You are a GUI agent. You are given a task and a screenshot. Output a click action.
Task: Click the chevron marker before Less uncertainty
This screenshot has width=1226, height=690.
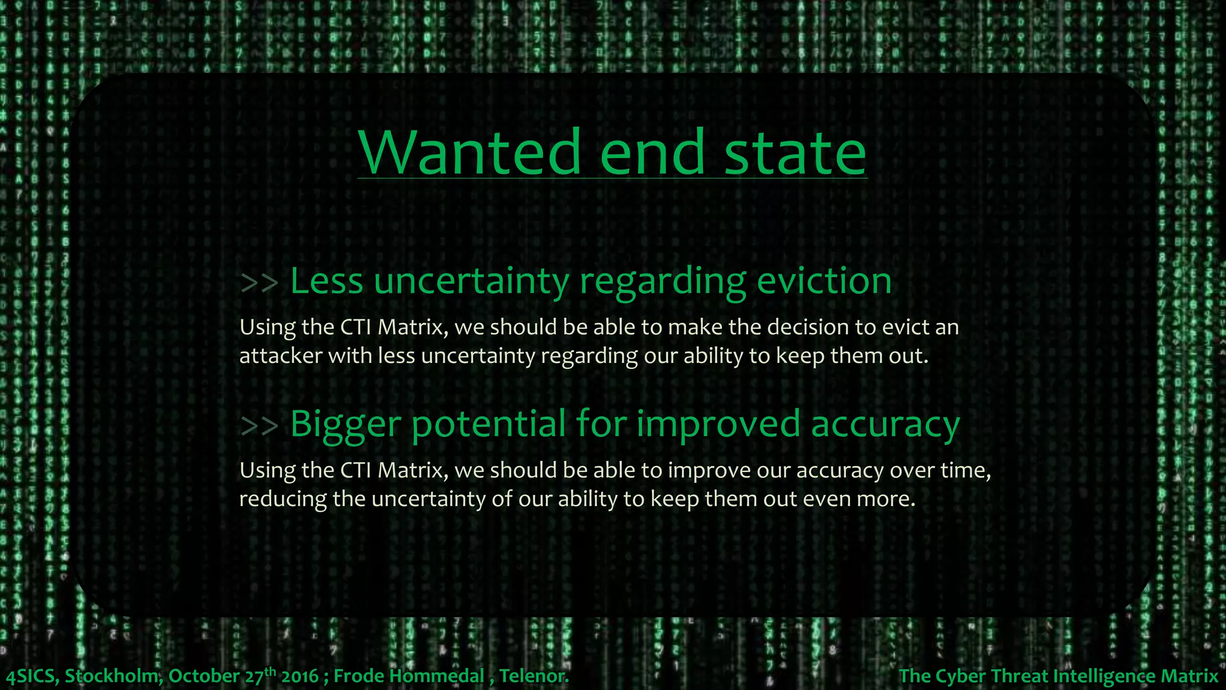pos(259,283)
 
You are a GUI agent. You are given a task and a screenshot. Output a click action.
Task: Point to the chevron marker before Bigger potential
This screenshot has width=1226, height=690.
pos(259,426)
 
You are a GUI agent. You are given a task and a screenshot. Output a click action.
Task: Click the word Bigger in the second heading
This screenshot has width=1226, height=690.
pos(345,425)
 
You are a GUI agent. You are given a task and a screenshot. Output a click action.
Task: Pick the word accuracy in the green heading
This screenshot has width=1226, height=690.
pos(885,425)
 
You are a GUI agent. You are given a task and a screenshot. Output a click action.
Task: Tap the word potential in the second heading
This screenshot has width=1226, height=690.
pos(488,425)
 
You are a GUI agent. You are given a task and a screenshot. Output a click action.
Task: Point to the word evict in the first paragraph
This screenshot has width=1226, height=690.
pos(903,328)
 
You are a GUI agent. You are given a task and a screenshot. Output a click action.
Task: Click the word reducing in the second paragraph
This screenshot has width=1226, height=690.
pos(283,499)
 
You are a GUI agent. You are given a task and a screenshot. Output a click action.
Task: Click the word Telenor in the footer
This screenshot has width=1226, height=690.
pos(532,676)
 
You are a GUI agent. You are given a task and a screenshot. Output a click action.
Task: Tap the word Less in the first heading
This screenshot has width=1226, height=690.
pos(327,281)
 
